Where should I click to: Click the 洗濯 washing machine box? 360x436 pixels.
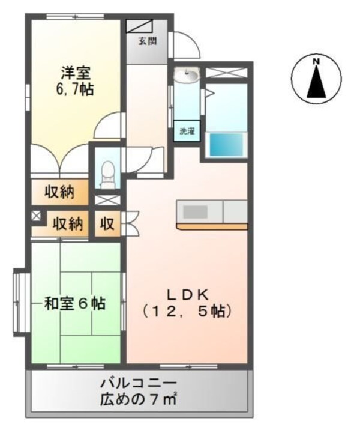185,131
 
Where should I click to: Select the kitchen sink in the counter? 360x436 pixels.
194,212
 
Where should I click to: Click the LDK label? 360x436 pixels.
187,294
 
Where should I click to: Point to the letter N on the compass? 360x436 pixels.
315,60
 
